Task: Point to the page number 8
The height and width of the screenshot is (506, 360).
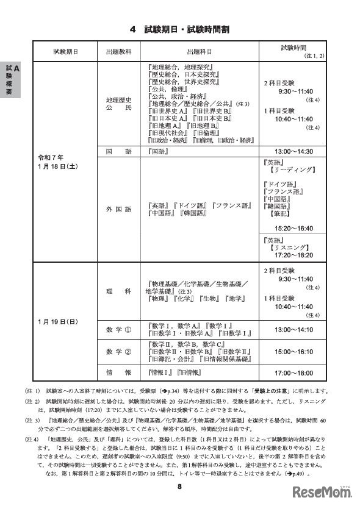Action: (x=180, y=486)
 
